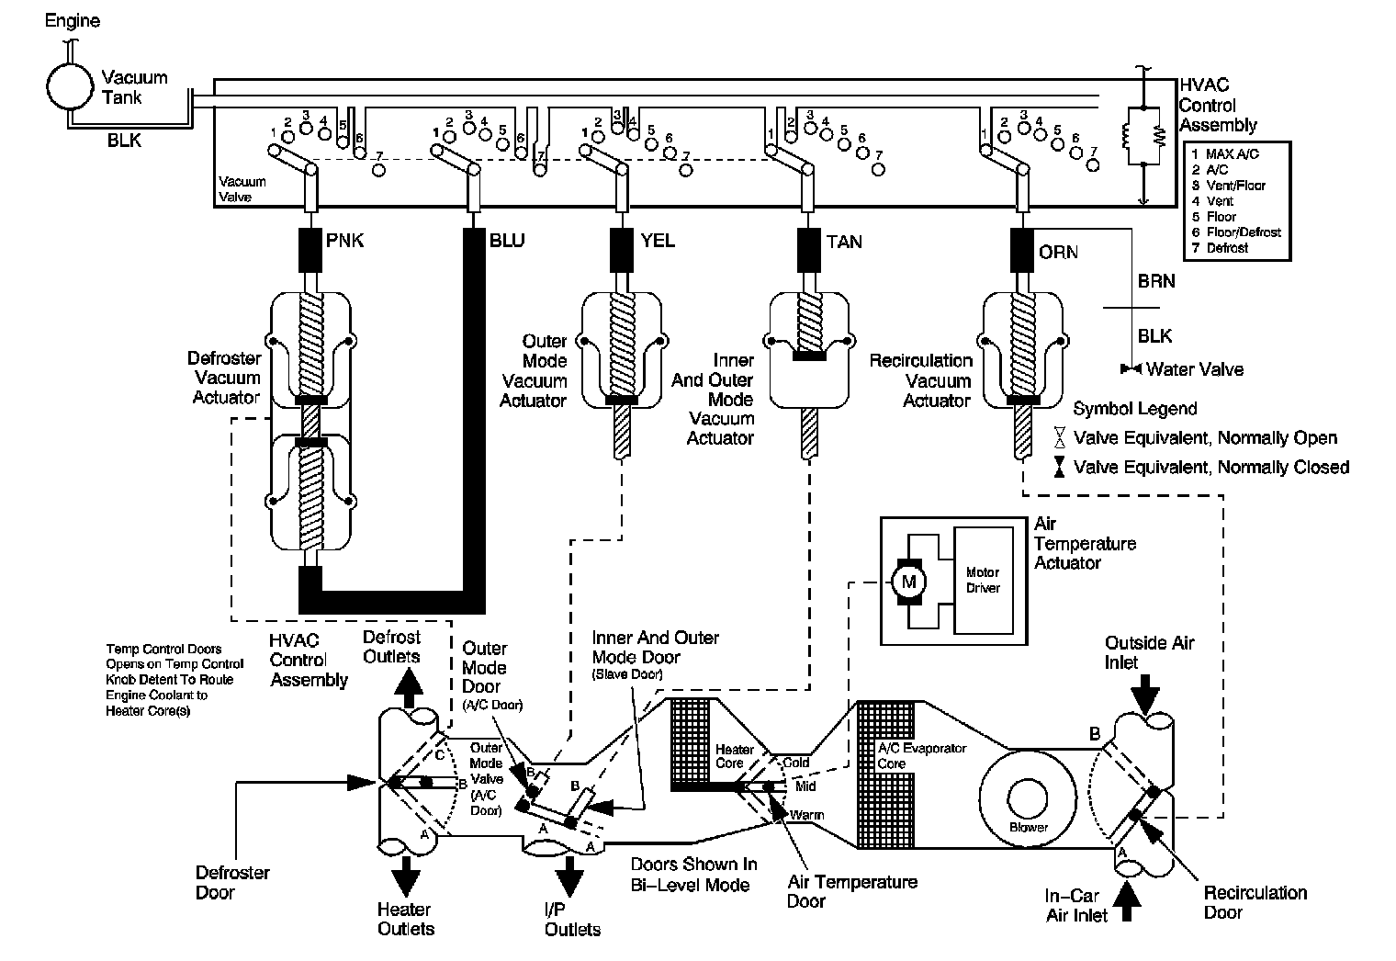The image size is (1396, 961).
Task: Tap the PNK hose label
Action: click(344, 240)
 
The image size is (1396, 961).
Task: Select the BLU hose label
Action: click(507, 240)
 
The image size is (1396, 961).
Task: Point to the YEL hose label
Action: click(658, 240)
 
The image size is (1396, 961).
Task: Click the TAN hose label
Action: click(844, 242)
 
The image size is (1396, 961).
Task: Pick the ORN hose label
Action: click(1058, 252)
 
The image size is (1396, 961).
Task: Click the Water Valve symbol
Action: click(1131, 368)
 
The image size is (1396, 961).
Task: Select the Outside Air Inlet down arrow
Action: click(1145, 693)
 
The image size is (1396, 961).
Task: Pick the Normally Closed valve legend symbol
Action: click(1059, 467)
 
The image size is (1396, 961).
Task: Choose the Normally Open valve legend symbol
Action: click(1059, 437)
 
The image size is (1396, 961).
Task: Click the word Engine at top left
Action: click(73, 21)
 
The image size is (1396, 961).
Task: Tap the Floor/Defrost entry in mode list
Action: click(1244, 232)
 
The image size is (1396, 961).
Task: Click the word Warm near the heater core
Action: click(807, 814)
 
